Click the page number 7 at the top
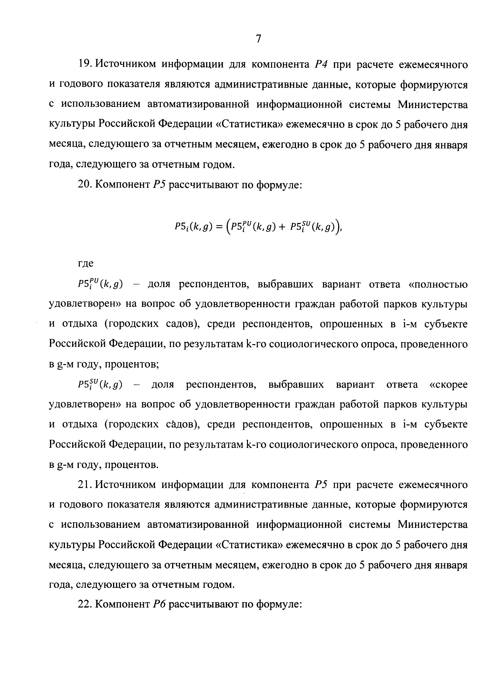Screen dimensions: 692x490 pyautogui.click(x=259, y=39)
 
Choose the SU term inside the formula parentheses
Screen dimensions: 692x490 pyautogui.click(x=312, y=226)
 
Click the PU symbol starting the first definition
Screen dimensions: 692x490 pyautogui.click(x=100, y=284)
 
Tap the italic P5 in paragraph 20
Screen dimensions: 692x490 pyautogui.click(x=158, y=184)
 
